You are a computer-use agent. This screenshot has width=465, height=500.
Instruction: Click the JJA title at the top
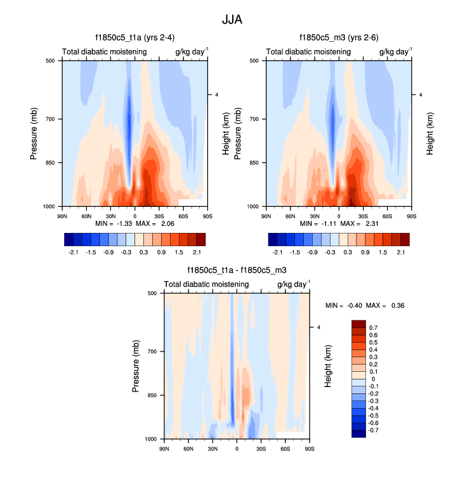coord(232,20)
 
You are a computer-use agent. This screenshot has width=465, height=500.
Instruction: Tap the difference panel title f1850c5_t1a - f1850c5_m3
coord(237,270)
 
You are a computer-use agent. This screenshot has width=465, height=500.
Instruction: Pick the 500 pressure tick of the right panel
coord(252,61)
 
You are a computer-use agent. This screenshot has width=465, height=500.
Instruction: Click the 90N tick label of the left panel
coord(62,215)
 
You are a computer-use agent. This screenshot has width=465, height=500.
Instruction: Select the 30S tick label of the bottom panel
coord(261,448)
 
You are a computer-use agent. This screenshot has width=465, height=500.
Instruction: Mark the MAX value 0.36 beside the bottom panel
coord(397,305)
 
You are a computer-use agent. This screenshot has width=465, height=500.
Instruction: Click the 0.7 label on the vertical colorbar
coord(373,327)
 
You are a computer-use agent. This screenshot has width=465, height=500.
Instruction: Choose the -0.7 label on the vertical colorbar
coord(375,430)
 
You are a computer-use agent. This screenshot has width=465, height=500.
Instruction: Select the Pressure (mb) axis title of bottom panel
coord(136,365)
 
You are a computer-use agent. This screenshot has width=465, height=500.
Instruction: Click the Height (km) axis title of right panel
coord(429,133)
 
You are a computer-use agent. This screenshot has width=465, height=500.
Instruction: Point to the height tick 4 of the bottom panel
coord(318,327)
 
